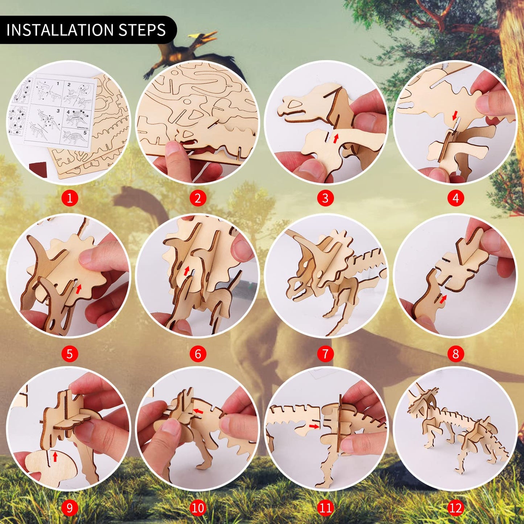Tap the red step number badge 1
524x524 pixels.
[x=70, y=198]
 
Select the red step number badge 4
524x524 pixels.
[x=455, y=198]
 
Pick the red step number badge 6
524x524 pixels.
[x=198, y=354]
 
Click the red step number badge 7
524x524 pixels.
[x=325, y=354]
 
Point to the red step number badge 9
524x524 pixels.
[x=70, y=508]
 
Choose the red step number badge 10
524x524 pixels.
[x=198, y=508]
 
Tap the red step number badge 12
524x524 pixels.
[x=455, y=508]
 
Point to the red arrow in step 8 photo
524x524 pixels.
[x=442, y=298]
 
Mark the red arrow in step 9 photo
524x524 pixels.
[x=55, y=456]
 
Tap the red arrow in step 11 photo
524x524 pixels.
[x=314, y=426]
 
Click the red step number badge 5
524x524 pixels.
[x=70, y=354]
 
